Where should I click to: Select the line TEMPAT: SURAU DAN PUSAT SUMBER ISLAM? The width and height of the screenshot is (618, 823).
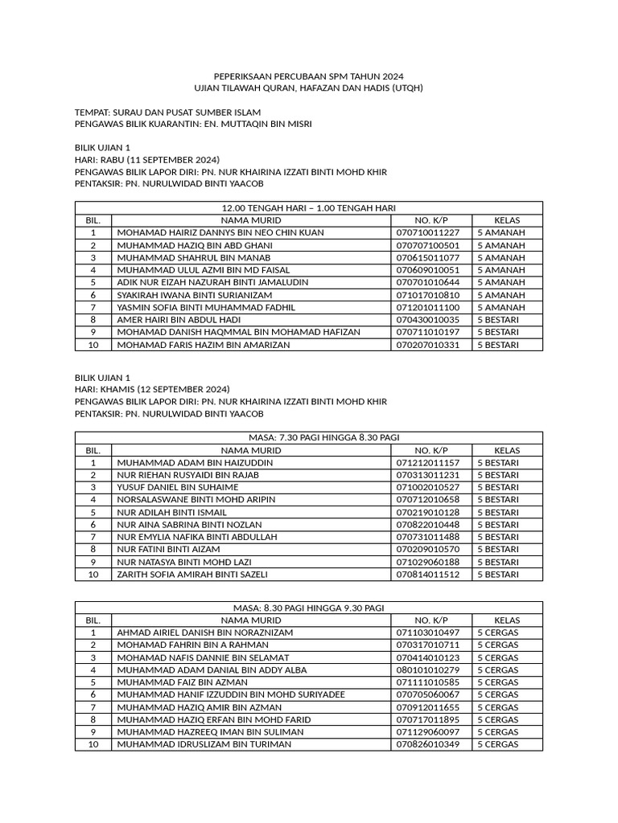(x=167, y=112)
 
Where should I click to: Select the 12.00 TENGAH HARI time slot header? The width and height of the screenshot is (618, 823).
(x=308, y=207)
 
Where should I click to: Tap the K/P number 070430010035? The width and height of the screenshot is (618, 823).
(x=427, y=320)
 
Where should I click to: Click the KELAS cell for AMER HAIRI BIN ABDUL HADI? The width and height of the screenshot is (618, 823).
(x=498, y=320)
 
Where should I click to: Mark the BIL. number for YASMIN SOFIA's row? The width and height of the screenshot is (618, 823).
(x=93, y=308)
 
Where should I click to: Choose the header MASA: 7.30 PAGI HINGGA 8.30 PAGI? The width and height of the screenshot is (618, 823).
(x=308, y=437)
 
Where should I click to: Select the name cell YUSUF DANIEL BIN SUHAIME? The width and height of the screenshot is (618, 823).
(x=178, y=487)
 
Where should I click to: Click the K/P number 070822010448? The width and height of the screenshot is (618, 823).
(x=427, y=524)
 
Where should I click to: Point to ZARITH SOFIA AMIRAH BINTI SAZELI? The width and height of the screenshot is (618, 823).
(x=192, y=575)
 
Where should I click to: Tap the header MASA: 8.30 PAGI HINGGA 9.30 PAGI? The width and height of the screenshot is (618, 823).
(x=308, y=608)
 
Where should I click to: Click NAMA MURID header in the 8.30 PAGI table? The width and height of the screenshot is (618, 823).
(x=251, y=620)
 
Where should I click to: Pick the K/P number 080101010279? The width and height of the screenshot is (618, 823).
(x=427, y=669)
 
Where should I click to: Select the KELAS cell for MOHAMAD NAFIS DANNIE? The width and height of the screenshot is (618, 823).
(x=497, y=657)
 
